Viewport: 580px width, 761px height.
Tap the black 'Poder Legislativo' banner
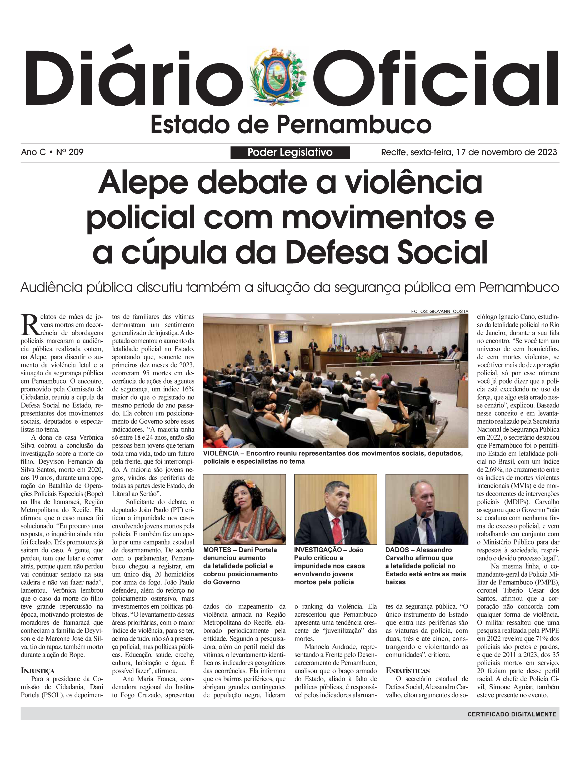click(x=290, y=153)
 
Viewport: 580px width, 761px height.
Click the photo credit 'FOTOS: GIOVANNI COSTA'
click(x=439, y=311)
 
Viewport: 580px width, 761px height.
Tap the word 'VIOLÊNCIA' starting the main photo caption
click(x=221, y=453)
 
